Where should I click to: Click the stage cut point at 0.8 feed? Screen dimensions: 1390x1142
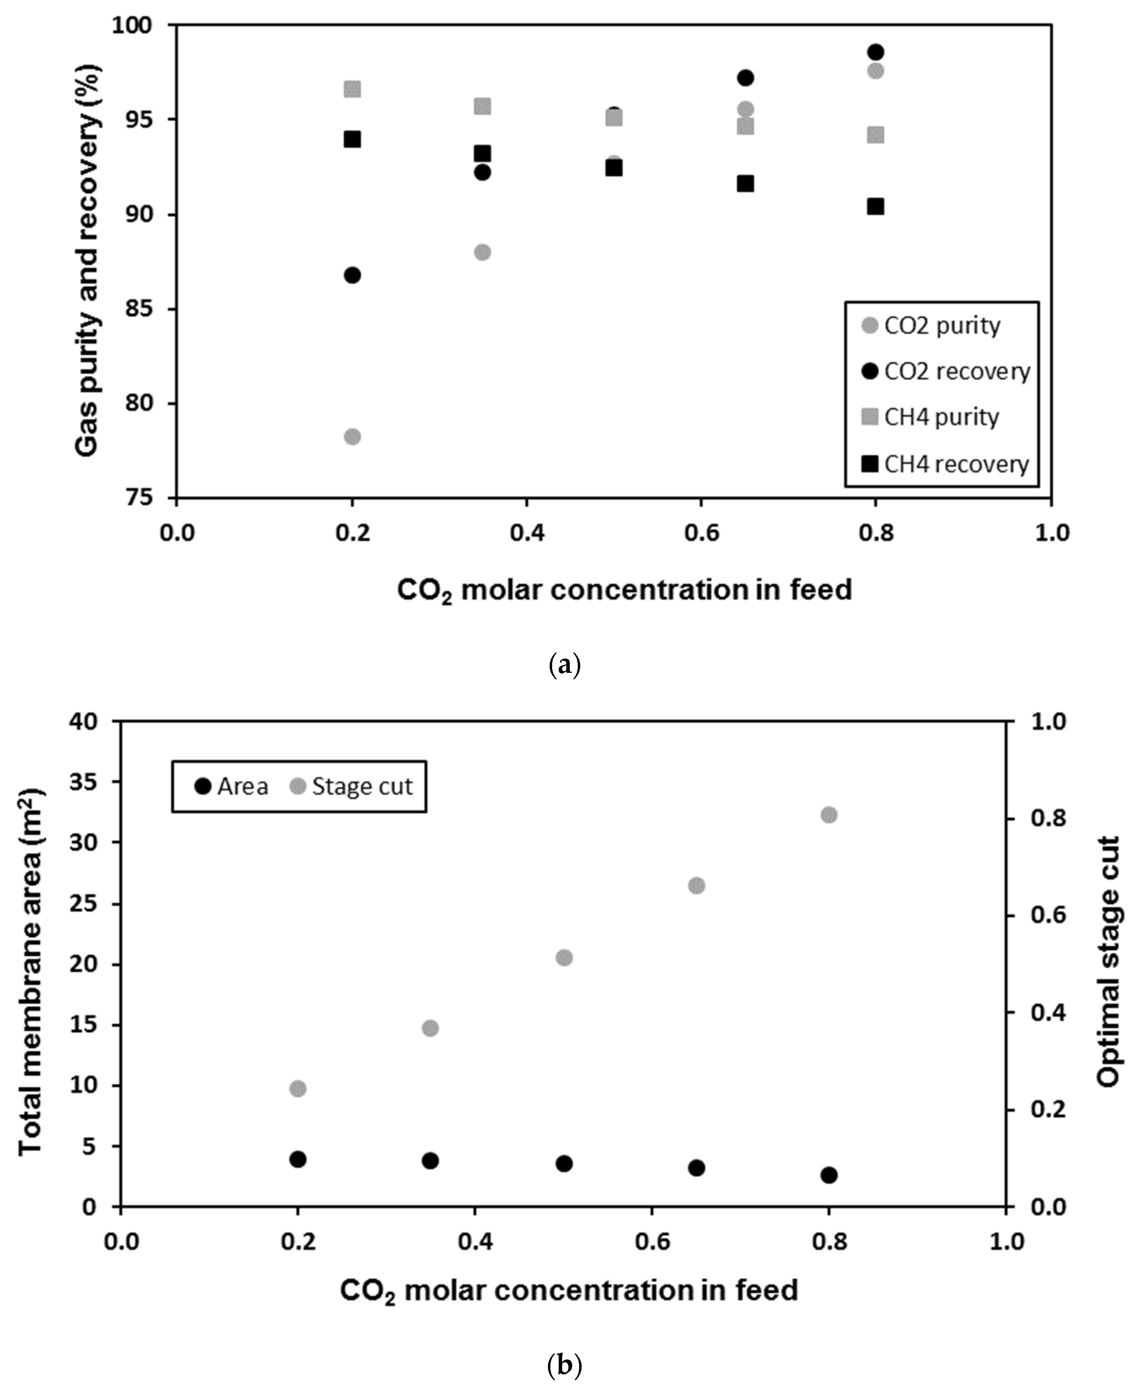click(x=829, y=815)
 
